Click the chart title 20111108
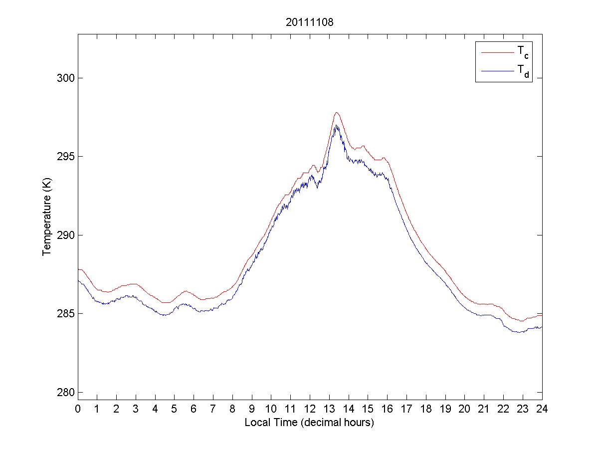coord(309,22)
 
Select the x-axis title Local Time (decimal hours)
coord(309,423)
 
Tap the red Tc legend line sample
coord(496,52)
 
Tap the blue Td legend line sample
coord(496,71)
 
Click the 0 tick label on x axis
coord(78,409)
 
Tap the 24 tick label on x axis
coord(542,409)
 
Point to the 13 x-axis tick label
coord(329,409)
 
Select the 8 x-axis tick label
coord(232,409)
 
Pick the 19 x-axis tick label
coord(445,409)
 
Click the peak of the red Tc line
coord(337,112)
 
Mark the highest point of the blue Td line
coord(337,125)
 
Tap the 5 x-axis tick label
coord(175,409)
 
